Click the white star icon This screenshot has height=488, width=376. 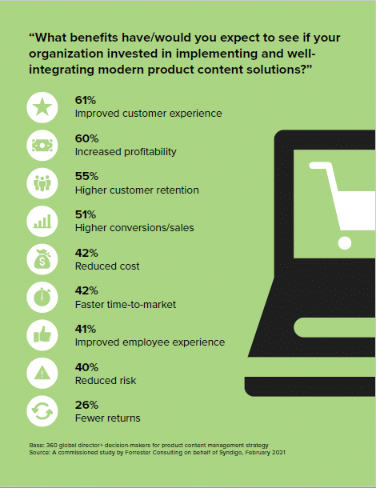point(42,107)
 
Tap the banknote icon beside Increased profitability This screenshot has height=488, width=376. point(42,146)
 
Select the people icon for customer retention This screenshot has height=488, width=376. point(42,183)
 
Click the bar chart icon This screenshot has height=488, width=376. point(42,222)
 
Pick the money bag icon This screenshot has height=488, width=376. point(42,259)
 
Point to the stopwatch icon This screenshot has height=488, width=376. point(42,298)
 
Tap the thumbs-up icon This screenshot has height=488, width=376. point(42,335)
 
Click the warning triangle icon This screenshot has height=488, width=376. point(42,373)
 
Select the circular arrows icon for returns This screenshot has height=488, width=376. point(42,411)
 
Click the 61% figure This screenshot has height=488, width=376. point(86,100)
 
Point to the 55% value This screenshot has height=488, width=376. point(86,176)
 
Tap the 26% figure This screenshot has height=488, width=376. point(86,405)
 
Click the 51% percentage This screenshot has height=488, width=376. point(86,214)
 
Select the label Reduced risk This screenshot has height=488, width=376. point(106,381)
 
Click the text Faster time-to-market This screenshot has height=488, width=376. point(126,304)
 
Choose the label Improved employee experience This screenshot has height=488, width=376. point(150,342)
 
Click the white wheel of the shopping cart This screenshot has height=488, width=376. point(345,242)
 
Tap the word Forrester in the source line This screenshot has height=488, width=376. point(138,453)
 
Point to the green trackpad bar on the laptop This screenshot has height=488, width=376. point(334,328)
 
